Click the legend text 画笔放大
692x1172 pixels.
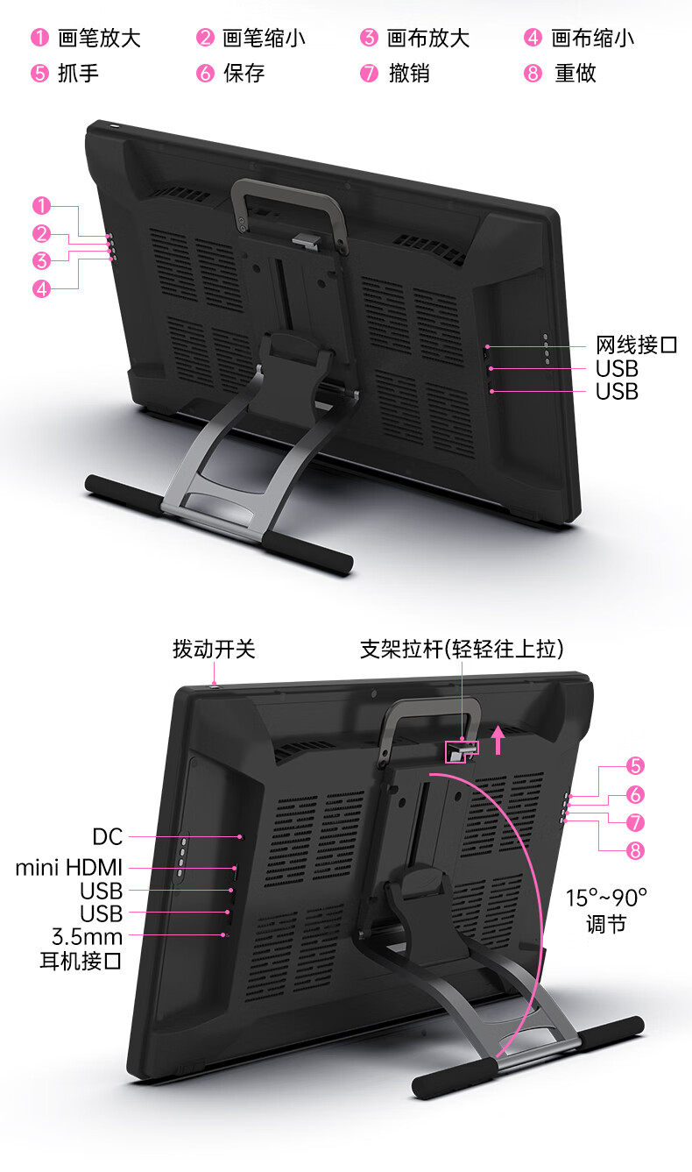(x=99, y=38)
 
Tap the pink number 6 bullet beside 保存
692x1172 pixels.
(x=205, y=73)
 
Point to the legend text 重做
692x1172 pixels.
(x=575, y=73)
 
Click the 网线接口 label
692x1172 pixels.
(x=637, y=345)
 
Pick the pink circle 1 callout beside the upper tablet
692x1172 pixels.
(x=41, y=207)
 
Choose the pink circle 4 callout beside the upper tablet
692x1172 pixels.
(x=41, y=288)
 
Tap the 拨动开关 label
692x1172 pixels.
(x=214, y=650)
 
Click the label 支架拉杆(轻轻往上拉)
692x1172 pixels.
(x=462, y=650)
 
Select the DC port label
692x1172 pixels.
(x=108, y=836)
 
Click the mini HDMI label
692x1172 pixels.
(x=69, y=868)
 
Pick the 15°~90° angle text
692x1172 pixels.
(x=605, y=898)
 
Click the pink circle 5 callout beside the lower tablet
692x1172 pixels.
(x=636, y=766)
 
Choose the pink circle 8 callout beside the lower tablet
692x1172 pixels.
(x=636, y=850)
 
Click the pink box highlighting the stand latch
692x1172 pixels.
(x=462, y=750)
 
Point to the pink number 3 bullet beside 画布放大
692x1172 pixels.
(x=369, y=38)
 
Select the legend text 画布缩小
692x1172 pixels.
(x=592, y=38)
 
